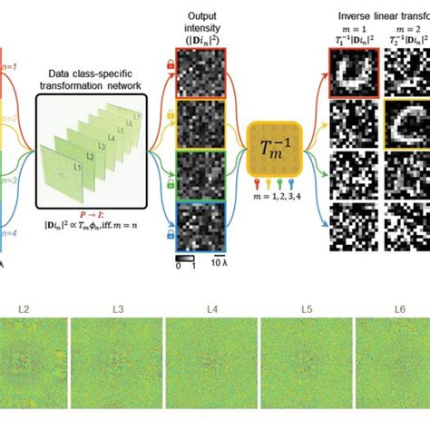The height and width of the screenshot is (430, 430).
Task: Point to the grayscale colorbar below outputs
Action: pyautogui.click(x=187, y=260)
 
